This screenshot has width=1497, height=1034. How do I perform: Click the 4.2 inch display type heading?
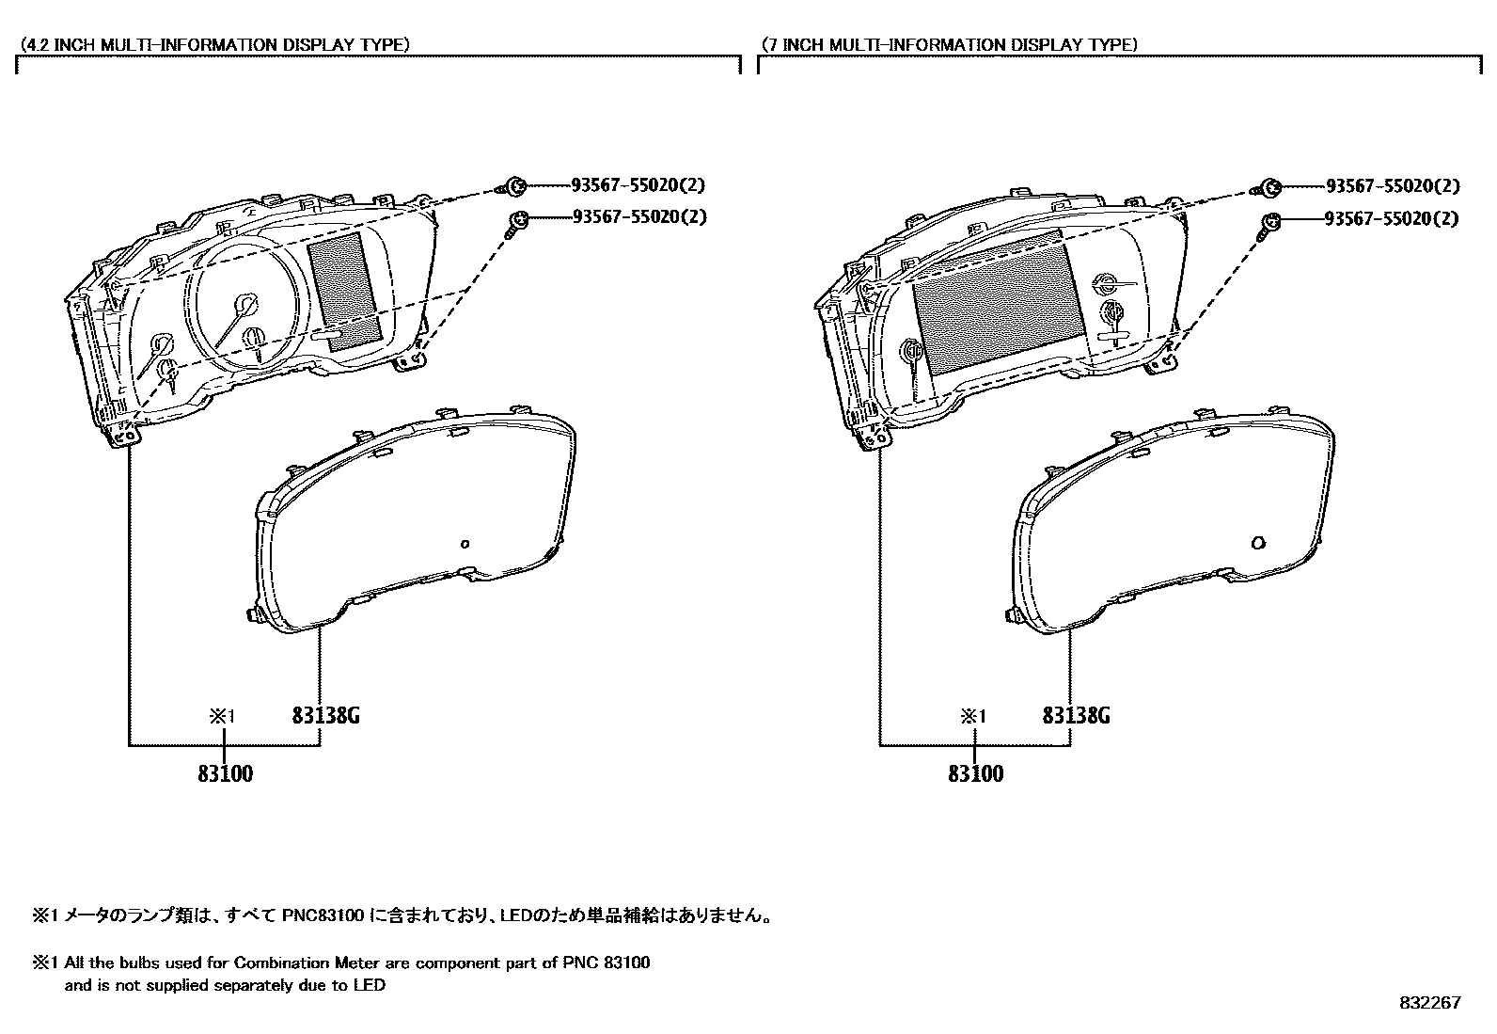pos(214,44)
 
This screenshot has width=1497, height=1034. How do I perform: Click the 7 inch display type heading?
pos(948,44)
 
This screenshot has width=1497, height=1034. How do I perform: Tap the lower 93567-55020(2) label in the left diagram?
pos(638,217)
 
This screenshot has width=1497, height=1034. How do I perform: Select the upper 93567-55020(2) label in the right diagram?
pos(1392,187)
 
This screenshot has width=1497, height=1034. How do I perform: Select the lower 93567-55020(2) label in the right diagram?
pos(1392,218)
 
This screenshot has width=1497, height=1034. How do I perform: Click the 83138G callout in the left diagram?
pos(325,716)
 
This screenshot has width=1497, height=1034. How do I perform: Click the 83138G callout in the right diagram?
pos(1076,716)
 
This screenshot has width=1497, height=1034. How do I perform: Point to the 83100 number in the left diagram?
pos(226,774)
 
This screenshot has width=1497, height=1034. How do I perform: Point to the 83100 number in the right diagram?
pos(976,774)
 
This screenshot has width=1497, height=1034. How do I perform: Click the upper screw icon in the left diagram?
pos(514,185)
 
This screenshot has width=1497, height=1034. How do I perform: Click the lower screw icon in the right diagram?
pos(1269,222)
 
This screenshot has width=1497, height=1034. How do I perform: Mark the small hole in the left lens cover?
pos(465,543)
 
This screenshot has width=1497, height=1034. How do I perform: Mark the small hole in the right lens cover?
pos(1259,543)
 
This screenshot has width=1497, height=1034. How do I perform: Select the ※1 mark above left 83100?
pos(222,716)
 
